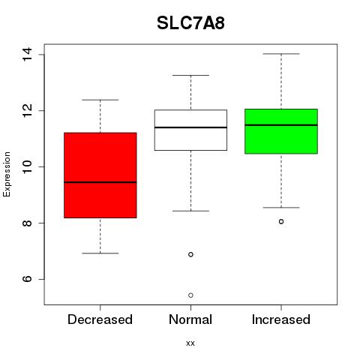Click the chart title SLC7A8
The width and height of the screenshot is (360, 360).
coord(190,23)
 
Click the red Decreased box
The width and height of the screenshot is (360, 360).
coord(100,175)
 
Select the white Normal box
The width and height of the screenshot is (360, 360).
coord(190,130)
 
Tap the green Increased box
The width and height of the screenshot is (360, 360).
coord(281,131)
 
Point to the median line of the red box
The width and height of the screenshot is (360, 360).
coord(100,182)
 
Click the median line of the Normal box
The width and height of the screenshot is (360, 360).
coord(190,127)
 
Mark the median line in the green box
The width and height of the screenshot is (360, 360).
coord(281,125)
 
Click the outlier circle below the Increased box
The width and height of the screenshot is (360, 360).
coord(281,221)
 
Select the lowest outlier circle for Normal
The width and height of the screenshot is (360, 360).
coord(190,295)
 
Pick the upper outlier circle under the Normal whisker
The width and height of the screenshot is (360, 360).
coord(190,254)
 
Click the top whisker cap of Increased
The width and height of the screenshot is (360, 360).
coord(281,54)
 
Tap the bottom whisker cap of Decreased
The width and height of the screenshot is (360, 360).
coord(100,253)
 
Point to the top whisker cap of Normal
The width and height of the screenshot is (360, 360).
coord(190,75)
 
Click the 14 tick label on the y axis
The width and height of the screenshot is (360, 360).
coord(27,54)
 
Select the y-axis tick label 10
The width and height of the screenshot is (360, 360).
coord(27,166)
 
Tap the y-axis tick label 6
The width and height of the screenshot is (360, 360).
coord(27,279)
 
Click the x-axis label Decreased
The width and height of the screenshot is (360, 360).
coord(100,319)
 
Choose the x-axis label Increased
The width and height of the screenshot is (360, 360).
coord(281,319)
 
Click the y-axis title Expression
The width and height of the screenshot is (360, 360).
coord(7,174)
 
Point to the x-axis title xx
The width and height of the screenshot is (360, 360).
coord(190,343)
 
